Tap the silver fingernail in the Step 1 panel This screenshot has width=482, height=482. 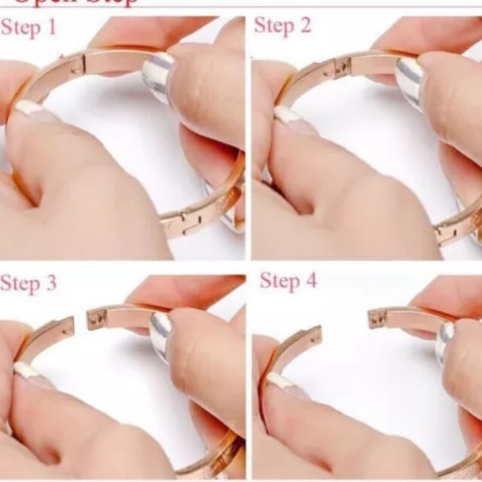click(x=157, y=77)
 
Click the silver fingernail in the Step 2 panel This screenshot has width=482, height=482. click(x=409, y=81)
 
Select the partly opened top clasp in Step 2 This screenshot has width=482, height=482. click(x=340, y=66)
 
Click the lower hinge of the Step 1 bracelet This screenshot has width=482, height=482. click(x=184, y=221)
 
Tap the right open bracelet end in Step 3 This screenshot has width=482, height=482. click(x=97, y=317)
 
